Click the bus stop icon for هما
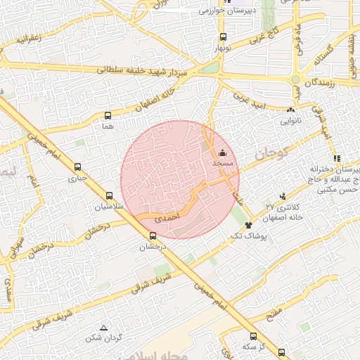point(108,116)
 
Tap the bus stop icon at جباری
point(77,167)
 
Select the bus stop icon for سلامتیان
point(108,196)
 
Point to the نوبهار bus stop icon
point(223,37)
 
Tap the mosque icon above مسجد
point(223,153)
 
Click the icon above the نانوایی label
point(290,110)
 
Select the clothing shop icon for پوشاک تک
point(248,226)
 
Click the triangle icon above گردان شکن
point(104,328)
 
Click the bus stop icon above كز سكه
point(253,336)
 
